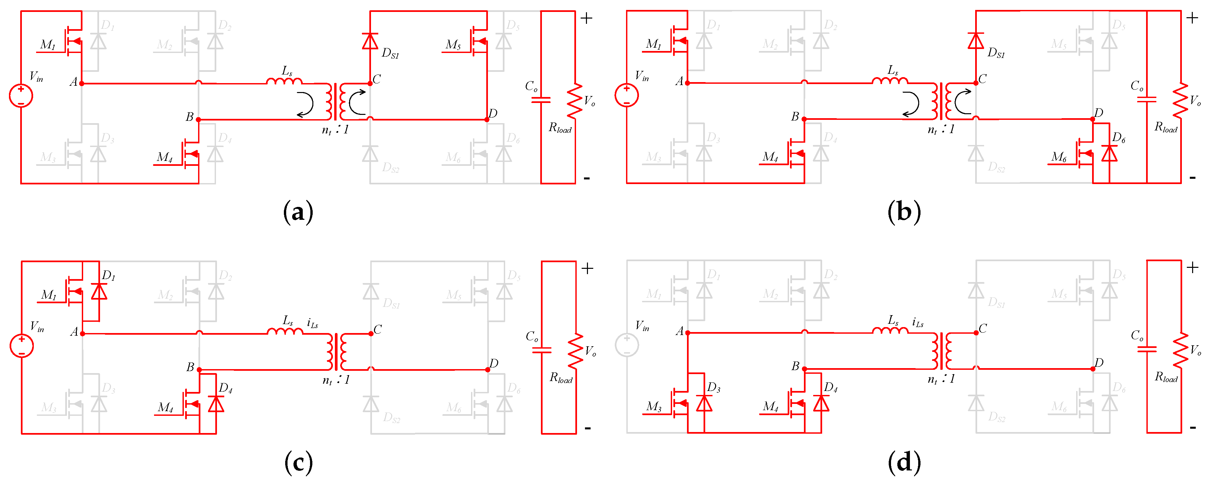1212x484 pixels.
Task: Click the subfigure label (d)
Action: (x=904, y=463)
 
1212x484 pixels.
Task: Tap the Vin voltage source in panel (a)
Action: (x=21, y=95)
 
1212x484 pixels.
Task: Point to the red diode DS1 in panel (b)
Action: (x=975, y=41)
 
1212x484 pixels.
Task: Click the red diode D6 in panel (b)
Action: (x=1109, y=153)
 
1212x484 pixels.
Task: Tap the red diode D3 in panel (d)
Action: (x=704, y=404)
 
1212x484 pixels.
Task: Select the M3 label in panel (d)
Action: (x=654, y=407)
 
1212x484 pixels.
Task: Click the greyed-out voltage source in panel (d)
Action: (x=627, y=345)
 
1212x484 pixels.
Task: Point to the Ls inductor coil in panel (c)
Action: (x=285, y=331)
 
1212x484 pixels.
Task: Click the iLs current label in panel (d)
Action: (x=918, y=323)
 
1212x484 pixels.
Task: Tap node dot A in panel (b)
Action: (x=687, y=83)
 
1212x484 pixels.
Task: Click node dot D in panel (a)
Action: (x=487, y=120)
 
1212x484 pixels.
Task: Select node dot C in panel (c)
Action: (x=371, y=333)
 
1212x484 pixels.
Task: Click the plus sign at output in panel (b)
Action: (x=1192, y=18)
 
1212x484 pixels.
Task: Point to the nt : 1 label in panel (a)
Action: (x=335, y=130)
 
